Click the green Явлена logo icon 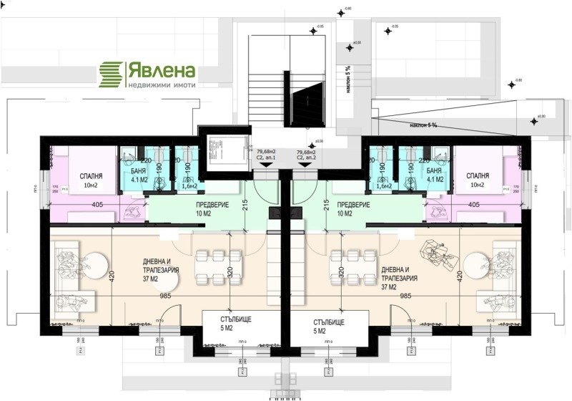[x=111, y=72]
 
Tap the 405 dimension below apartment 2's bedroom [x=474, y=205]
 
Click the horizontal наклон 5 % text [x=423, y=125]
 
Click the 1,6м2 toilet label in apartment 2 [x=386, y=186]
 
